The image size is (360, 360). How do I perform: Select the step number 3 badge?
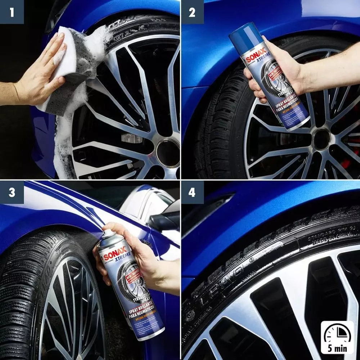12,193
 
